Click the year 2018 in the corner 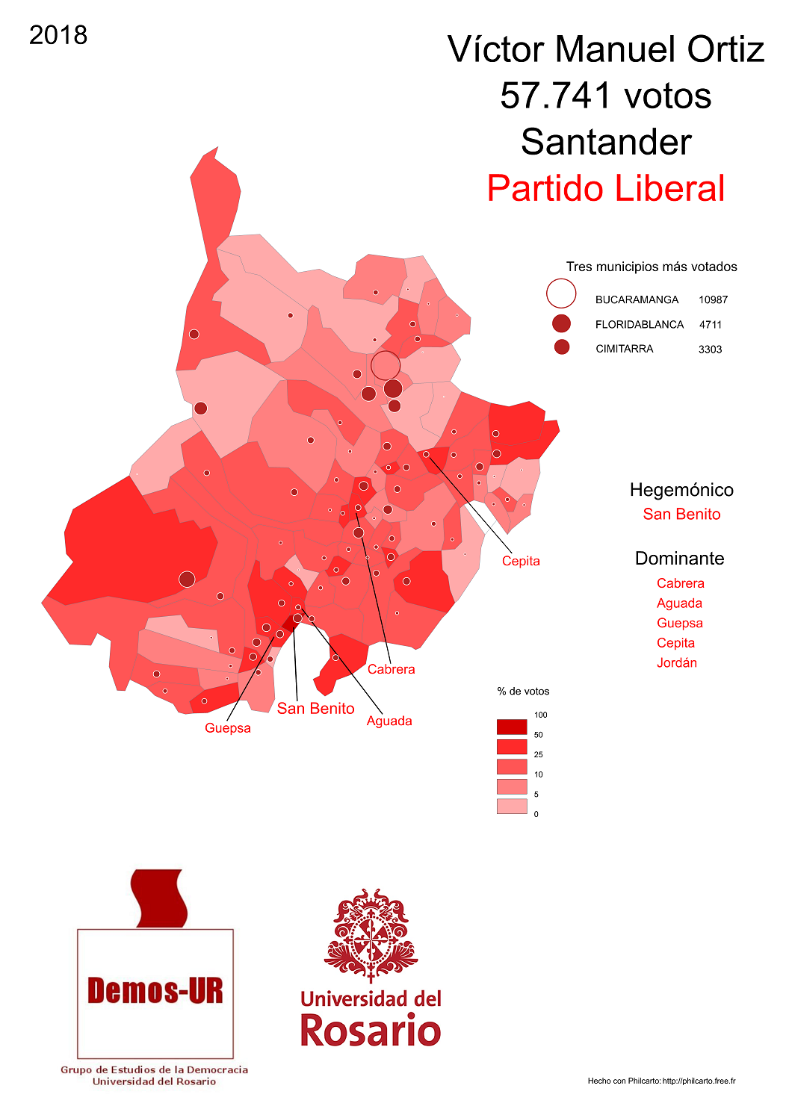coord(58,35)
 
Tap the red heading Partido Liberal coord(605,188)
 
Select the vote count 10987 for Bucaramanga coord(713,299)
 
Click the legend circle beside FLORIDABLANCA coord(561,323)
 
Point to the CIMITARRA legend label coord(624,349)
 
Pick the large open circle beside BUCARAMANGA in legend coord(561,293)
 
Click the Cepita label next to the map coord(521,561)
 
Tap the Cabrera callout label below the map coord(391,669)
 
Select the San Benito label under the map coord(315,708)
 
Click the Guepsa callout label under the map coord(228,728)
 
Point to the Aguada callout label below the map coord(389,721)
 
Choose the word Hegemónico coord(681,490)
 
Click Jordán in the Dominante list coord(677,662)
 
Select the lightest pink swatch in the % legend coord(512,806)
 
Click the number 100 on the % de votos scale coord(540,715)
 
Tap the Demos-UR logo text coord(155,991)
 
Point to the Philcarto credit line coord(661,1081)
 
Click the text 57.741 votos coord(605,96)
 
